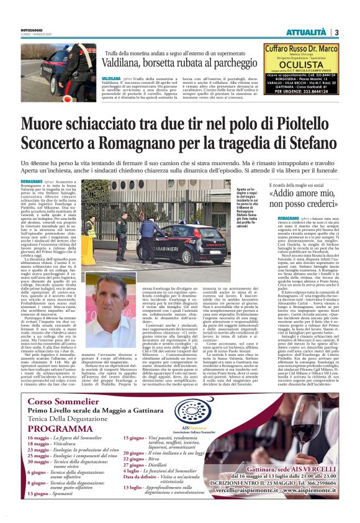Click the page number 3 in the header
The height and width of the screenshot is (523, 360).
click(x=336, y=32)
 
